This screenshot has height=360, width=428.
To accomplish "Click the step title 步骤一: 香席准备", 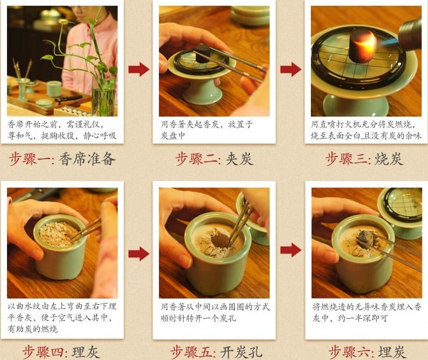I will tap(62, 159).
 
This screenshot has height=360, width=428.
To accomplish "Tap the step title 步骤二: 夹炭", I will tap(214, 159).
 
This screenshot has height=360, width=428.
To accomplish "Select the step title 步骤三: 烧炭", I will tap(364, 159).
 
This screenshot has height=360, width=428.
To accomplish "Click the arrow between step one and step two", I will tap(138, 69).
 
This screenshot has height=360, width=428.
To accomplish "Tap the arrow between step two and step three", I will tap(291, 69).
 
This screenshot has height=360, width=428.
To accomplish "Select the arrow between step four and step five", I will tap(138, 254).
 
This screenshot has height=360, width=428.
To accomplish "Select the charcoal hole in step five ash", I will tap(219, 239).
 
